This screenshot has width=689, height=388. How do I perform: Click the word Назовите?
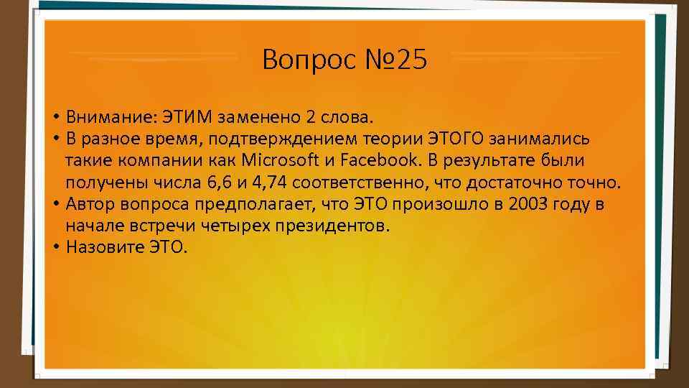point(105,247)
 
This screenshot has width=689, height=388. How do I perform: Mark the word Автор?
point(88,204)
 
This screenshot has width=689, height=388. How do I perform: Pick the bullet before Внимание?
point(55,117)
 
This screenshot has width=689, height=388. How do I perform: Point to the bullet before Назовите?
point(55,248)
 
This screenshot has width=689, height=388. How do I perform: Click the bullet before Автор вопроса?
point(55,205)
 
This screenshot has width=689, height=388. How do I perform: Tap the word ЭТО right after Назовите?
point(167,247)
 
